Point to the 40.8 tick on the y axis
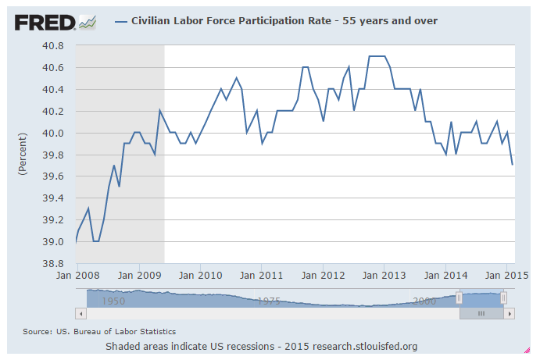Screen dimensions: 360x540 54,45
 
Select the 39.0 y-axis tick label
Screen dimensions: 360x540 54,242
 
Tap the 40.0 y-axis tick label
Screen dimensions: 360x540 54,133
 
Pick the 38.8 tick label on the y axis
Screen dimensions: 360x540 54,264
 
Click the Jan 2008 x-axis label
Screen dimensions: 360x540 76,276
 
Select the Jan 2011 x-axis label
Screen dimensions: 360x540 262,276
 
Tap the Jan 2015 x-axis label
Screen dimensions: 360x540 504,276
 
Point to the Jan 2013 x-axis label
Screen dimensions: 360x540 384,276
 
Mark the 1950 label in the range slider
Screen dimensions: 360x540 114,300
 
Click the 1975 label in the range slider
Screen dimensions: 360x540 270,300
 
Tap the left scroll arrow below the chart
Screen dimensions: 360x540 80,313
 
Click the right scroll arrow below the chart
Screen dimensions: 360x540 510,313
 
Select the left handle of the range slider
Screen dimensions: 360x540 460,298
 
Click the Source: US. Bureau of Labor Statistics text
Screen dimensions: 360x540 99,332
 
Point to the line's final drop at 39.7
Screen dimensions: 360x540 512,164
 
